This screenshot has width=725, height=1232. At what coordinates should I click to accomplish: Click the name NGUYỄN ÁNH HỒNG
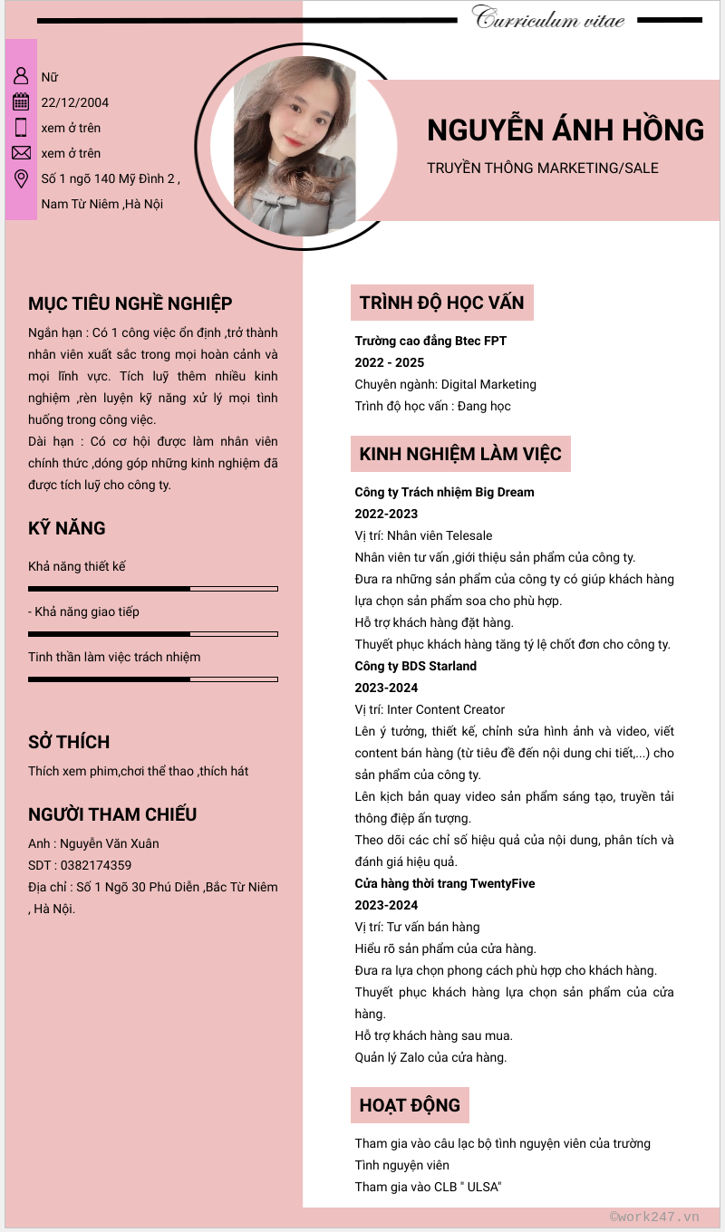565,130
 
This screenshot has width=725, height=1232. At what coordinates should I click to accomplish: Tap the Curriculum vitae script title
548,18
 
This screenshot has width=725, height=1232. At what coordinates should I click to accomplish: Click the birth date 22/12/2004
75,102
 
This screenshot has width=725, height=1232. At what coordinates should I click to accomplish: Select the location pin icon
21,178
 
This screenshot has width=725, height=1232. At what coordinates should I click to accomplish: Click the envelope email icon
21,152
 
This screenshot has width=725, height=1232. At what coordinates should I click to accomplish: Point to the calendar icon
21,101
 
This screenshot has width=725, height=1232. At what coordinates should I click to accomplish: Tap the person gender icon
21,75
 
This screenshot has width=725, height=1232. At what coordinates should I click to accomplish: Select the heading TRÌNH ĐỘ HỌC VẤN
441,303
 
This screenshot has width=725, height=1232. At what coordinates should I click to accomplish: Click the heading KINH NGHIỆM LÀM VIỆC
460,454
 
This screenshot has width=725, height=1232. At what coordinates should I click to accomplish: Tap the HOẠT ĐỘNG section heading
410,1105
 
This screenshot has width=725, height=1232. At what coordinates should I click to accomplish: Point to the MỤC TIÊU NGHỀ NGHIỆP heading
130,303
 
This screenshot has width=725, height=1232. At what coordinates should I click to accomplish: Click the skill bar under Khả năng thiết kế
152,589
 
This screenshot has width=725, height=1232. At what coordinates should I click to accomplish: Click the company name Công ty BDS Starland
415,666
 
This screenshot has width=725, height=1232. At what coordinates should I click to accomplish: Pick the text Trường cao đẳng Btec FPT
430,341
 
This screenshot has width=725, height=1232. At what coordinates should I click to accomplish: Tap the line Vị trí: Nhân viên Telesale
423,535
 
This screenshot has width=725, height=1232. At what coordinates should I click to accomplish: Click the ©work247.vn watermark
654,1217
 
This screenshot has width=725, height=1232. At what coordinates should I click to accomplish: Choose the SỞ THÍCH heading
69,742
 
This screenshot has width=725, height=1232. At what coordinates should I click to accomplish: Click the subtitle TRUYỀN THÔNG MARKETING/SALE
542,168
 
